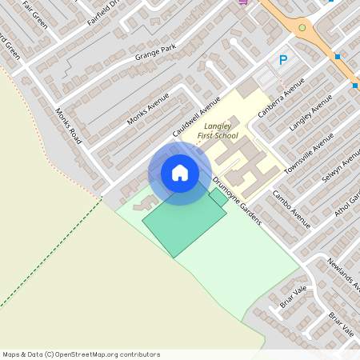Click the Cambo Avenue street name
[290, 209]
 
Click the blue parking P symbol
[282, 60]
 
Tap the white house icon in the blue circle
[179, 173]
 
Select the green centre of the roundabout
[302, 28]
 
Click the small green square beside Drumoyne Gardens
[218, 197]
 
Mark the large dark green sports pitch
[182, 223]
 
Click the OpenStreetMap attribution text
[81, 354]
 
